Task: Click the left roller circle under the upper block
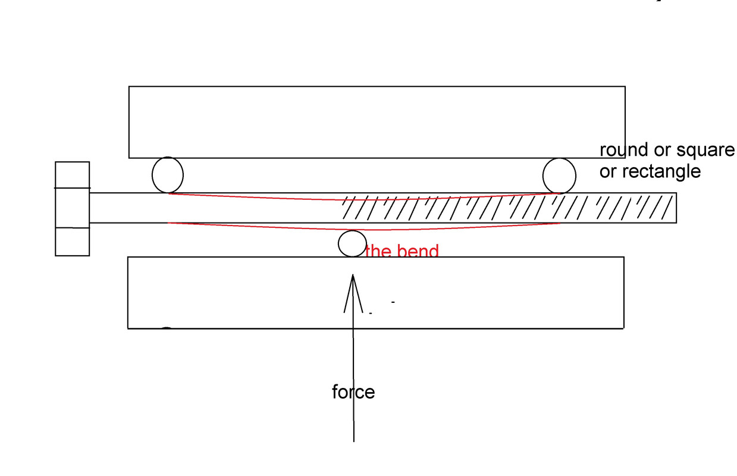(x=168, y=175)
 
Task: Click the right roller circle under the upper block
(x=559, y=176)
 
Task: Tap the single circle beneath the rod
(x=352, y=243)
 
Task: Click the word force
(x=353, y=392)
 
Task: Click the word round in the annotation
(x=623, y=151)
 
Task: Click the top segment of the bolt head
(x=72, y=174)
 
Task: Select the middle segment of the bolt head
(x=72, y=208)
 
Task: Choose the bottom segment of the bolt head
(x=72, y=242)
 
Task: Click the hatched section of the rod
(x=506, y=208)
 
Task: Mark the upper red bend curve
(x=357, y=199)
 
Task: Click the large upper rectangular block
(x=377, y=122)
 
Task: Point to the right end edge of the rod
(x=676, y=208)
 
